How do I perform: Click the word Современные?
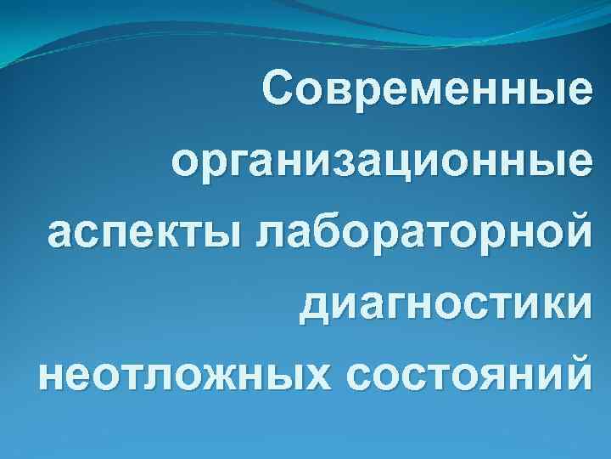click(424, 89)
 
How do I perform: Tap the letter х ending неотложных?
click(318, 375)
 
